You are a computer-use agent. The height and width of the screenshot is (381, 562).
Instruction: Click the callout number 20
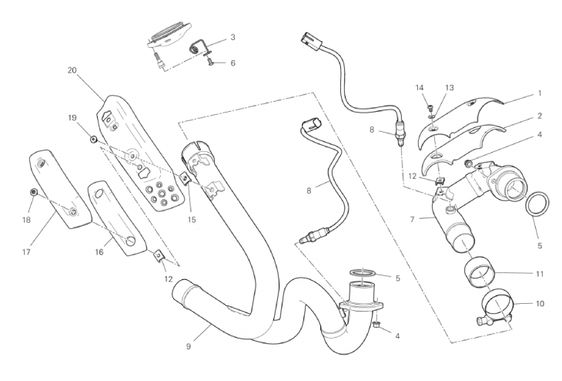tap(72, 70)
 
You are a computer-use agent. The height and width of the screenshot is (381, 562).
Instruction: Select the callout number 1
tap(540, 93)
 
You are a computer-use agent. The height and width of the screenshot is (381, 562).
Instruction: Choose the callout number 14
tap(420, 88)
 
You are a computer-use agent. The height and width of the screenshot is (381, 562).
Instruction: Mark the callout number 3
tap(232, 37)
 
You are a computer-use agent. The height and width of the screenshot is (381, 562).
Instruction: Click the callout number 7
tap(413, 220)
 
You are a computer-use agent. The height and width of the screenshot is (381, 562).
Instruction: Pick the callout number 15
tap(192, 218)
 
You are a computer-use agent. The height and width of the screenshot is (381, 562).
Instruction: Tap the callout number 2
tap(540, 116)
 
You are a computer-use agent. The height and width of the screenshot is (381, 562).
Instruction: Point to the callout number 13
tap(450, 88)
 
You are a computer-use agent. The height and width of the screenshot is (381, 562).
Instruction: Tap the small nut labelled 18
tap(34, 190)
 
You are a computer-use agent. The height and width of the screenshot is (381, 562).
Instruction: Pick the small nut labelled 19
tap(92, 140)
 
